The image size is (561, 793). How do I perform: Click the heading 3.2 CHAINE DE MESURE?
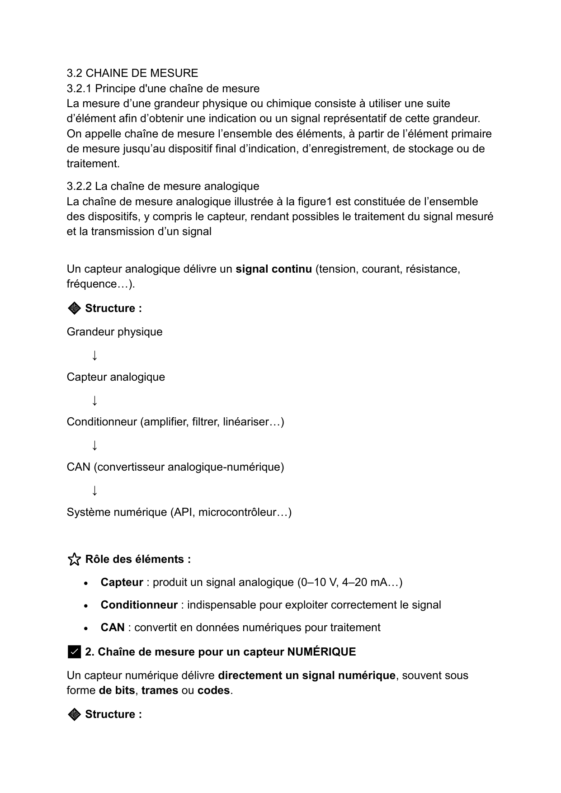(x=132, y=73)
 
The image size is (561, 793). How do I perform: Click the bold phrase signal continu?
(x=273, y=269)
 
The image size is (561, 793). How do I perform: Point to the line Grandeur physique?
(x=114, y=332)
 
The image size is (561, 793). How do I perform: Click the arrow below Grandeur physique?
(x=94, y=355)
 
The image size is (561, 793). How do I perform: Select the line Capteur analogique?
(x=116, y=377)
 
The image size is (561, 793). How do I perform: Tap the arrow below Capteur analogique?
(x=94, y=400)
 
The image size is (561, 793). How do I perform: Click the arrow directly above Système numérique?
(x=94, y=490)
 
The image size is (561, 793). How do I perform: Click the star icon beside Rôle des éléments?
(x=74, y=560)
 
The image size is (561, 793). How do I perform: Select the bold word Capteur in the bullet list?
(x=122, y=582)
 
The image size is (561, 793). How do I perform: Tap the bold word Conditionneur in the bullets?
(x=139, y=605)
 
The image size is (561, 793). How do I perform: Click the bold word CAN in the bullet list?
(x=113, y=628)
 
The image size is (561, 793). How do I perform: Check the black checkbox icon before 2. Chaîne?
(x=74, y=652)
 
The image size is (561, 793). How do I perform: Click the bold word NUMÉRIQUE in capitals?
(x=321, y=652)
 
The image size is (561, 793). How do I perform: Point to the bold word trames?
(x=160, y=691)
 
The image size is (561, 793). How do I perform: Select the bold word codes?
(x=213, y=691)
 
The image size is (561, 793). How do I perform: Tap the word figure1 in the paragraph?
(x=315, y=202)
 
